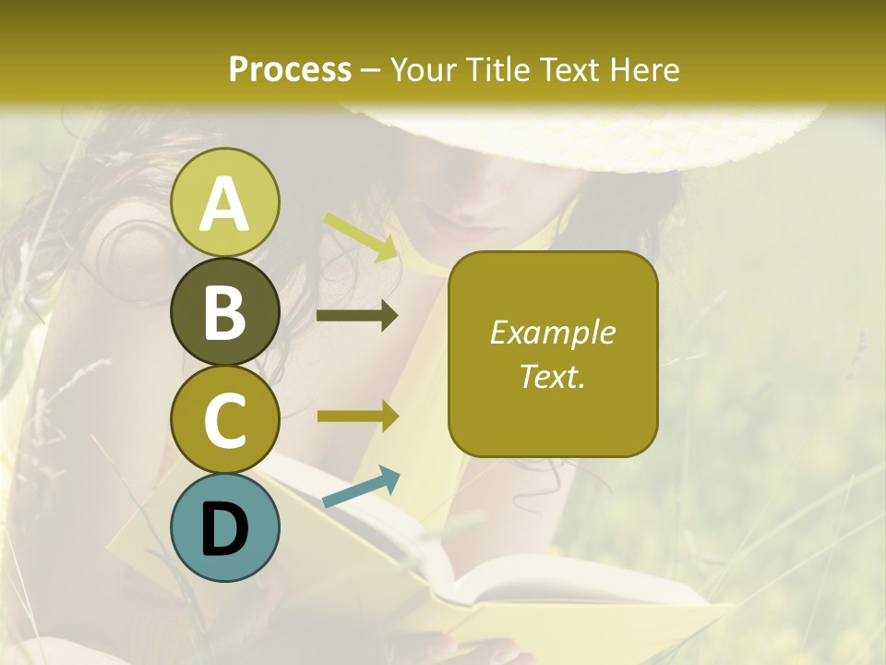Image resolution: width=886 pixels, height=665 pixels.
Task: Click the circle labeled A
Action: point(224,202)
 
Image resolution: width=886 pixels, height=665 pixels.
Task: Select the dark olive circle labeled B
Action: point(224,311)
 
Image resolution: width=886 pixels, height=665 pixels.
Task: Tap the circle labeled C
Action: point(224,419)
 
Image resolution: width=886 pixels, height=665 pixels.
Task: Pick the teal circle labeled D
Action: point(224,527)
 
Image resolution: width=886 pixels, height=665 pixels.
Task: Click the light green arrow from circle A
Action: point(360,236)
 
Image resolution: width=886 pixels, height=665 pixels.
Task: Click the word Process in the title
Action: point(290,69)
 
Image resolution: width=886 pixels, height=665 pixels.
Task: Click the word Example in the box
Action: point(553,332)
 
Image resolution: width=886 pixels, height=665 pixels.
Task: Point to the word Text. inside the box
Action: point(553,376)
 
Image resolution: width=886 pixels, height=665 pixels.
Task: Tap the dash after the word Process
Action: point(371,70)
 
